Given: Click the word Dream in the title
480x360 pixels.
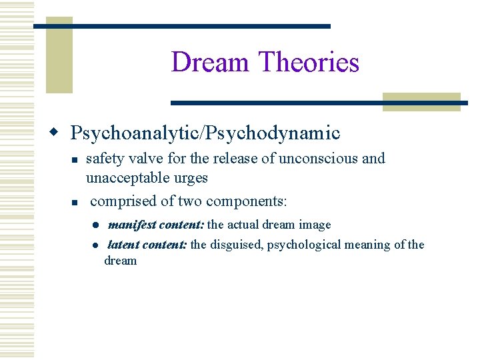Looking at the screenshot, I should [211, 63].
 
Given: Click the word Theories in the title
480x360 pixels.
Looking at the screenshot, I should [309, 63].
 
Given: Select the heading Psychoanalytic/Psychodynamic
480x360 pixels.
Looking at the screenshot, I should [205, 133].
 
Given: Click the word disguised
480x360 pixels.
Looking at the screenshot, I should [237, 245].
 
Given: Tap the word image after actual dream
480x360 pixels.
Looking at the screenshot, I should [315, 225].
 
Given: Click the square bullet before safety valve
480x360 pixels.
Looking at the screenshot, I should [75, 161].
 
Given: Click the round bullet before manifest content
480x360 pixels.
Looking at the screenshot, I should [96, 225].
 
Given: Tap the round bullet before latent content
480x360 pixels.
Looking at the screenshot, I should [96, 245].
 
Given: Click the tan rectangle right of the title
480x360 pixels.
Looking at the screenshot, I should [421, 101].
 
